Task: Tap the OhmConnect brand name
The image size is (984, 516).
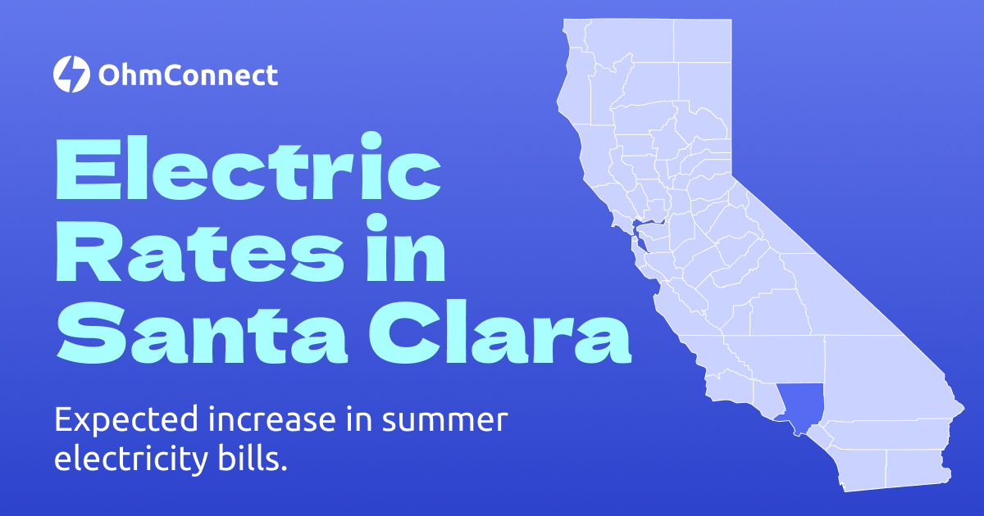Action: pos(188,75)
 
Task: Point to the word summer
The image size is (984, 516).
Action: pos(446,421)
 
